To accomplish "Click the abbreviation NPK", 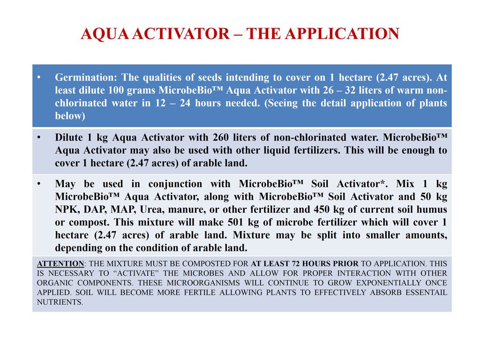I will click(66, 210).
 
